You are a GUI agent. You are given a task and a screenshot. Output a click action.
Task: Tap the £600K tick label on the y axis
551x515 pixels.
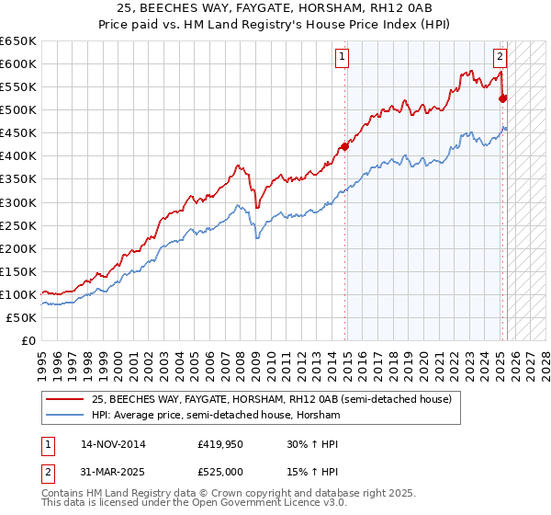tap(17, 63)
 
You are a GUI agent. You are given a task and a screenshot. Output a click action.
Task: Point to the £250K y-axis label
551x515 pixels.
tap(17, 225)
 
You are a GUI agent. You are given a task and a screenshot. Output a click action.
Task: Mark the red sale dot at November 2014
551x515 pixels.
tap(345, 145)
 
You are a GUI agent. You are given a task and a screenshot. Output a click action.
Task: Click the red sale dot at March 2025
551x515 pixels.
tap(502, 97)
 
